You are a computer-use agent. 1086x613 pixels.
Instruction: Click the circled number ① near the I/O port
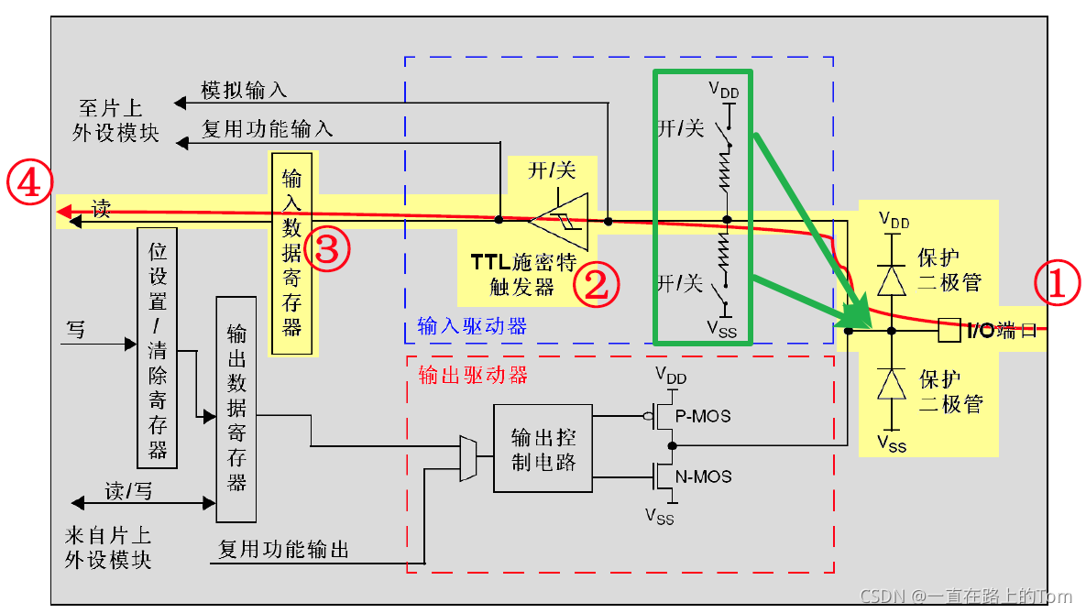coord(1055,284)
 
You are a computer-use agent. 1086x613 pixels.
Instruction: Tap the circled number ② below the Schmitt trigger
coord(597,284)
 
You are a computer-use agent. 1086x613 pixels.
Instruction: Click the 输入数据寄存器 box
coord(291,253)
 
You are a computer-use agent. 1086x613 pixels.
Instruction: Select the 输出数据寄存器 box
coord(236,409)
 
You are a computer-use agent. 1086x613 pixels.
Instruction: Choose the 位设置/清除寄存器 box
coord(157,347)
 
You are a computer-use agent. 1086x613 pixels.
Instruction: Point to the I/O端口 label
coord(1004,331)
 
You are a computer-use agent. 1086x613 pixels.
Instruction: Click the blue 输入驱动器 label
coord(472,325)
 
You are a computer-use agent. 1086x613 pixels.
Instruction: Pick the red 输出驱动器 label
coord(472,375)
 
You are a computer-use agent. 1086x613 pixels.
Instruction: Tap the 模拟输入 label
coord(244,90)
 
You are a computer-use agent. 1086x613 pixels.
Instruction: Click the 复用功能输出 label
coord(284,550)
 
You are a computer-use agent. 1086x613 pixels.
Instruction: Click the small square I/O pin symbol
coord(949,331)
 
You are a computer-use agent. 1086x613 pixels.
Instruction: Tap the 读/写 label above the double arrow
coord(128,491)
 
